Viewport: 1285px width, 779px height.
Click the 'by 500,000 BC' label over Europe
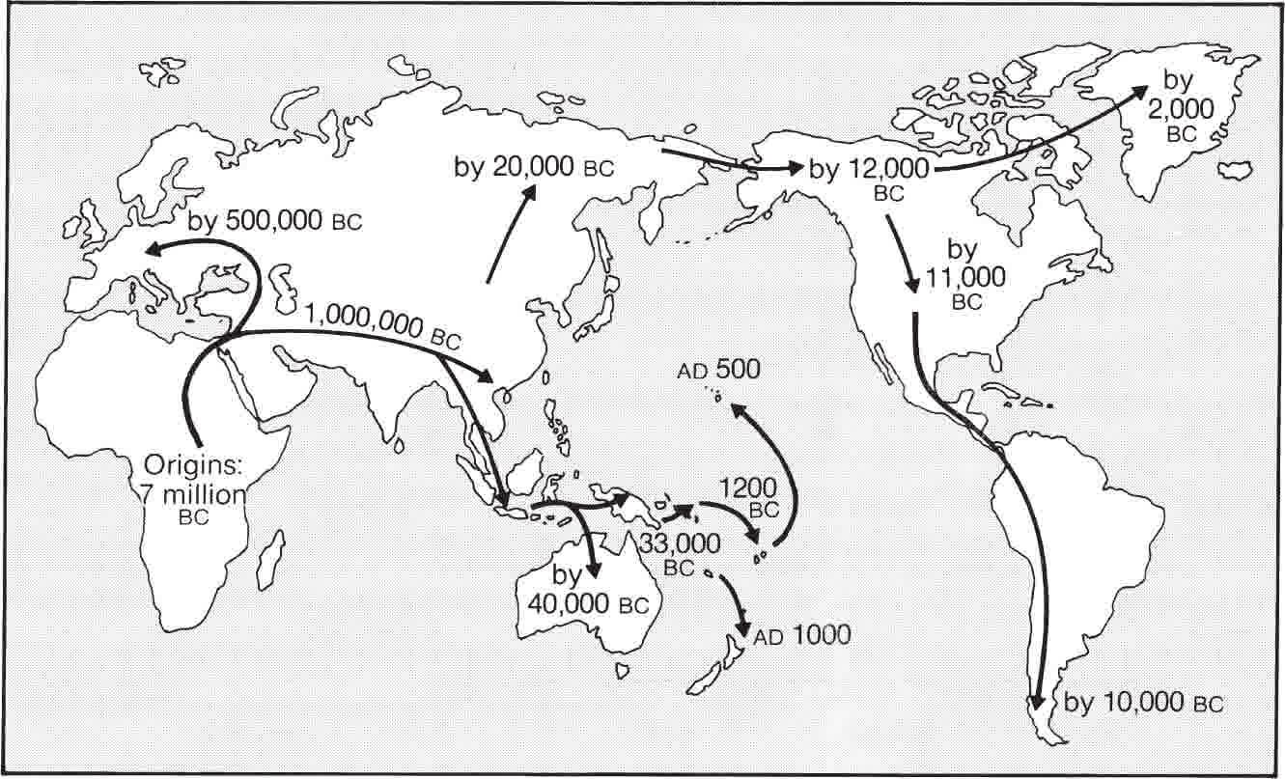coord(275,220)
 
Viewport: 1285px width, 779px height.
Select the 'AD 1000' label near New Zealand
coord(802,635)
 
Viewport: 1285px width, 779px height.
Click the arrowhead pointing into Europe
coord(150,250)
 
